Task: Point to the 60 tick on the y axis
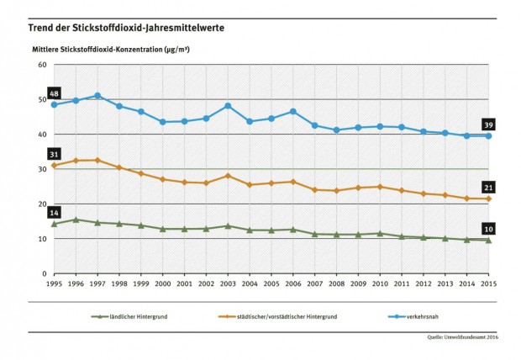pos(41,65)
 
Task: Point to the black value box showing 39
pos(489,124)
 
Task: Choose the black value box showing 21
pos(489,187)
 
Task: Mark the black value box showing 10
pos(489,229)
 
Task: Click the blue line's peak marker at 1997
pos(98,96)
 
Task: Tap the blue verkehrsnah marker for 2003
pos(228,106)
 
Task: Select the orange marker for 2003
pos(228,176)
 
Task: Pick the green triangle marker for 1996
pos(76,220)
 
